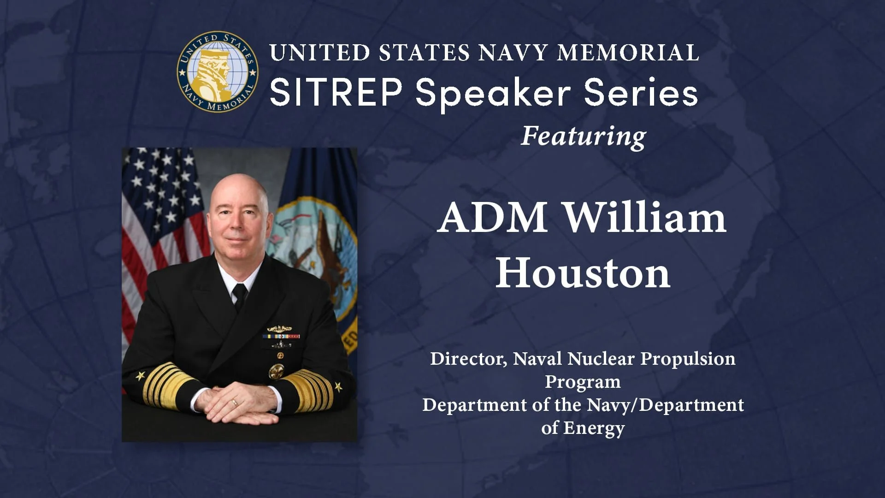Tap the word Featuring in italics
pyautogui.click(x=583, y=136)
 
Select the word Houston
pyautogui.click(x=583, y=273)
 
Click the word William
pyautogui.click(x=645, y=218)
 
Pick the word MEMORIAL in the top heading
pyautogui.click(x=628, y=53)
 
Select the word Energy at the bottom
pyautogui.click(x=594, y=428)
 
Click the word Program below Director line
pyautogui.click(x=583, y=382)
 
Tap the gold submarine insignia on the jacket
pyautogui.click(x=279, y=329)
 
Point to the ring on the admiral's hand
pyautogui.click(x=235, y=402)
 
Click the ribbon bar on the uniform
pyautogui.click(x=281, y=337)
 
